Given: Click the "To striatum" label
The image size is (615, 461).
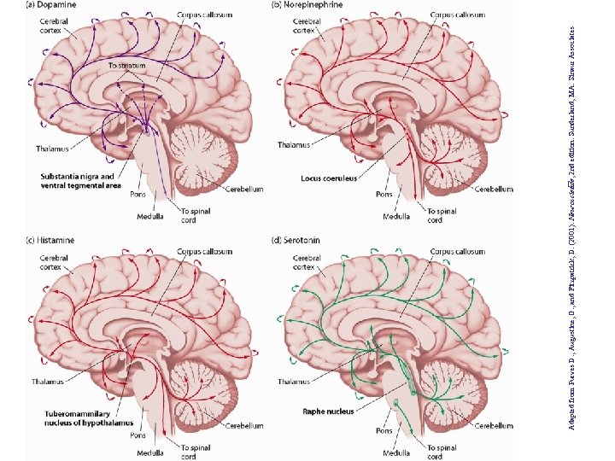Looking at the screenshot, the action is pos(126,65).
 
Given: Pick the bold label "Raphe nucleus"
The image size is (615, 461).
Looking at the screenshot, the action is pos(326,411).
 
